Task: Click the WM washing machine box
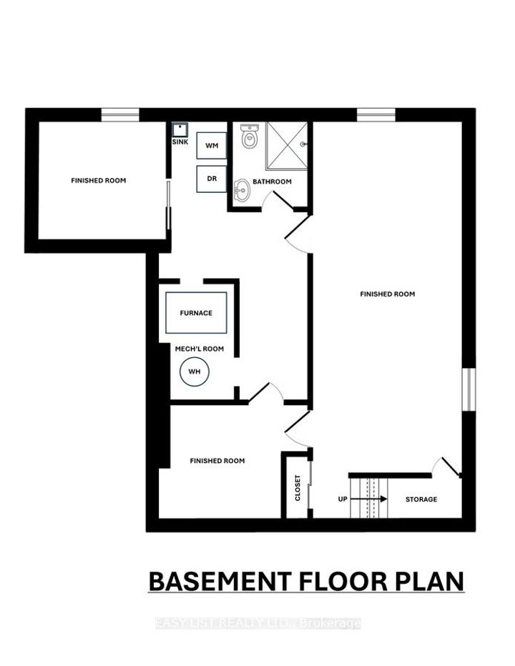(x=211, y=146)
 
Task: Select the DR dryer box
(x=211, y=179)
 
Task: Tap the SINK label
(x=180, y=142)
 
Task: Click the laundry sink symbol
(x=180, y=129)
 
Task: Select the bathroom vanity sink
(x=242, y=189)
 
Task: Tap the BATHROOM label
(x=274, y=182)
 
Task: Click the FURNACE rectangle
(x=196, y=313)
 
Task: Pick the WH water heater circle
(x=194, y=372)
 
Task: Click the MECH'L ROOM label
(x=200, y=349)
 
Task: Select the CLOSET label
(x=298, y=487)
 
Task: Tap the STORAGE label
(x=421, y=499)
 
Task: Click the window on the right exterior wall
(x=468, y=389)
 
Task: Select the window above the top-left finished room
(x=119, y=114)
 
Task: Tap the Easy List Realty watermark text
(x=257, y=624)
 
